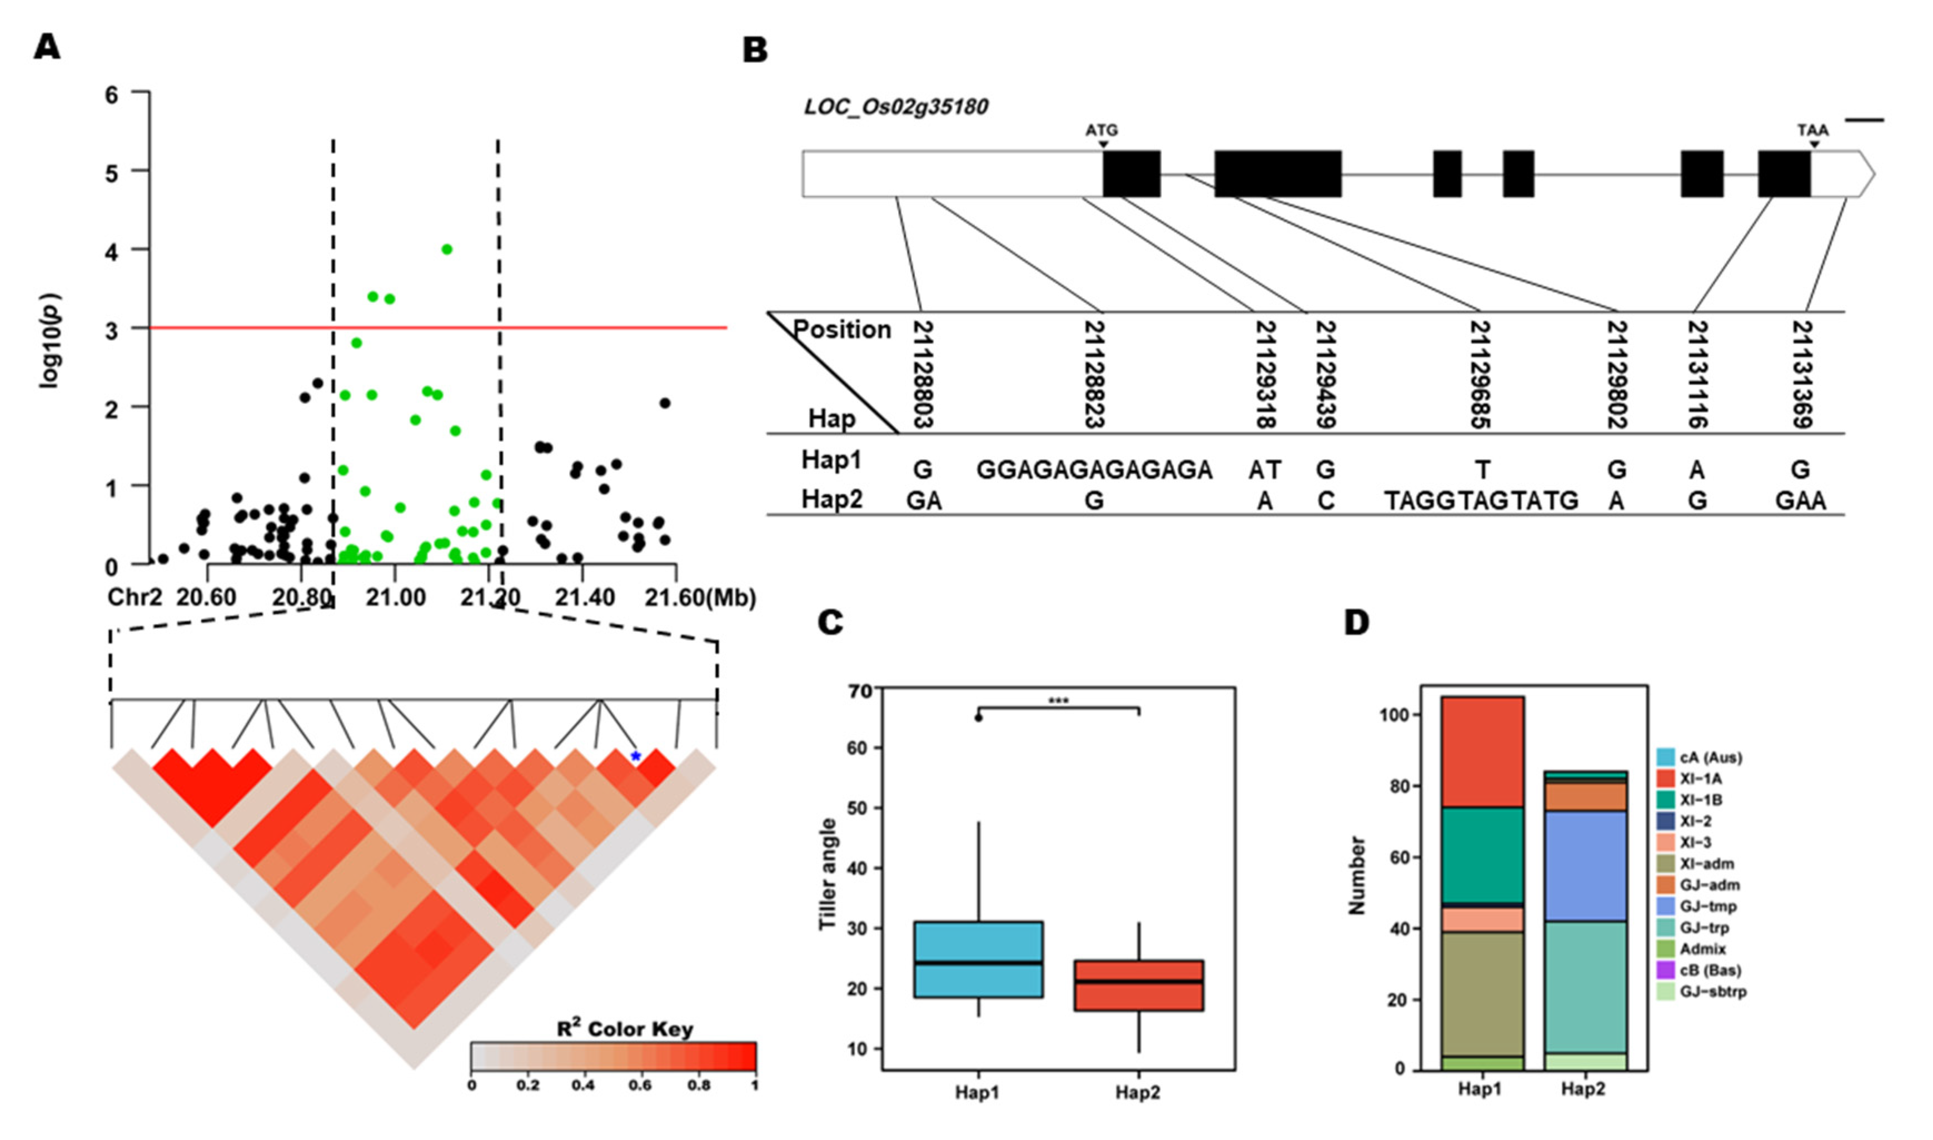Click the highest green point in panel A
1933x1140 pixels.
447,249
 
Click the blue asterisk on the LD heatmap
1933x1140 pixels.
635,756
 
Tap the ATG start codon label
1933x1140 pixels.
1102,130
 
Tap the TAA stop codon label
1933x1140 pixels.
1812,130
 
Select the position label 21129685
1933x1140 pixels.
1481,374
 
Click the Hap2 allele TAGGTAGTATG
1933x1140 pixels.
1481,501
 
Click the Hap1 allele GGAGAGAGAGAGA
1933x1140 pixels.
1094,469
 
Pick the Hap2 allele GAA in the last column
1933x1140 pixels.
1800,501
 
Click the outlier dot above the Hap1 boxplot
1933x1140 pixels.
978,718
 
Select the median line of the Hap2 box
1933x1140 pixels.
1138,981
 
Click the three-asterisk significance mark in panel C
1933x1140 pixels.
1058,700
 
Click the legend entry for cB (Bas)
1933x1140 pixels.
1710,970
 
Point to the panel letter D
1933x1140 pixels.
1356,621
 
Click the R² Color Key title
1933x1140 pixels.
624,1029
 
